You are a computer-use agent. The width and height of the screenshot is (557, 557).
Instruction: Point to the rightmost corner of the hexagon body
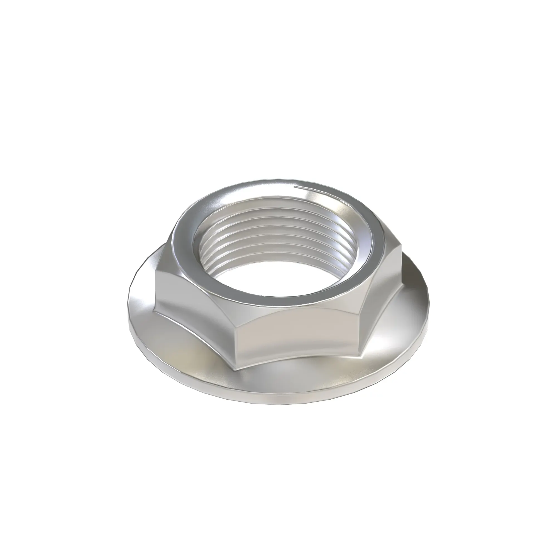coord(401,254)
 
